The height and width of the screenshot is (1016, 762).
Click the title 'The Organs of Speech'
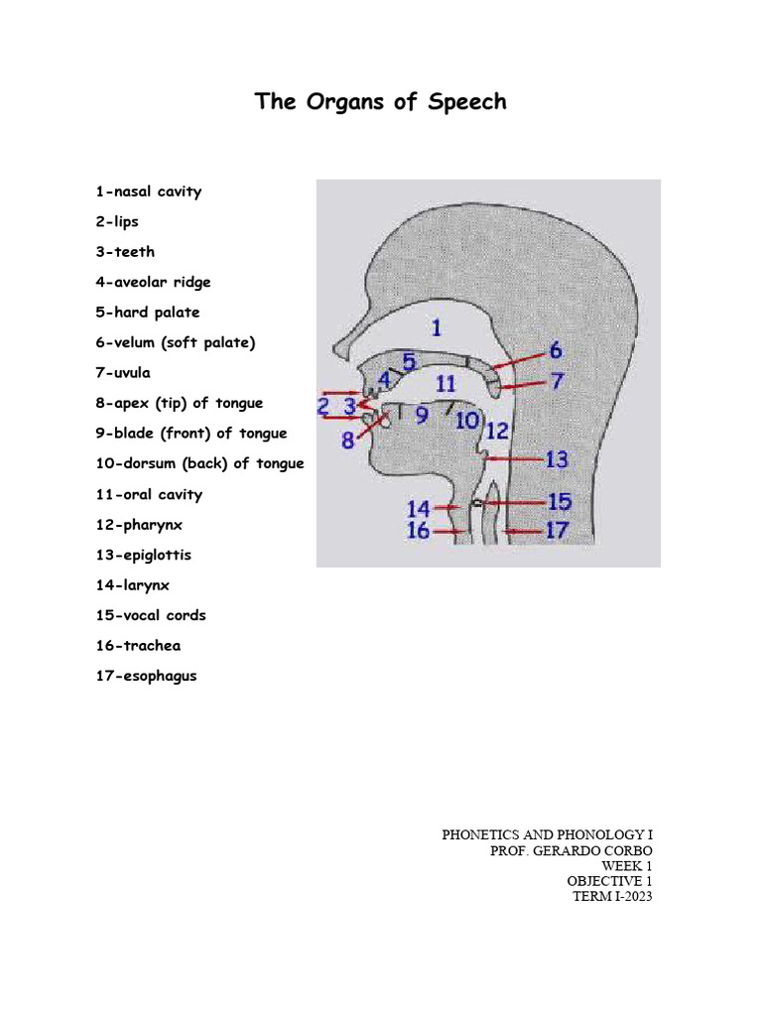[381, 101]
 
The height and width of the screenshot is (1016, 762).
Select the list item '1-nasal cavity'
[148, 191]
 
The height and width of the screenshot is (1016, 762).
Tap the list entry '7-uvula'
[123, 373]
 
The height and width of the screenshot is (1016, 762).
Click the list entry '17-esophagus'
[146, 676]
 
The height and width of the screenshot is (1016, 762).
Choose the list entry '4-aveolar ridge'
[153, 282]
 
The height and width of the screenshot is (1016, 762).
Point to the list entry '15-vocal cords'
[151, 615]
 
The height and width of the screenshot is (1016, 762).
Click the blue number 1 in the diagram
[437, 326]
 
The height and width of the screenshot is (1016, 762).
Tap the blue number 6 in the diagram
[555, 350]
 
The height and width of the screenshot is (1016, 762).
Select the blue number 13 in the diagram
[557, 459]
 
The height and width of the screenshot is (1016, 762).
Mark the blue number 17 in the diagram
[557, 531]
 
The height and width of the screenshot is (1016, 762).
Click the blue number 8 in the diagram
[348, 440]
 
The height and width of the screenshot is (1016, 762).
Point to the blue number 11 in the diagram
[445, 383]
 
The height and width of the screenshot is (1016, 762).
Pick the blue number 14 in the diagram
[418, 508]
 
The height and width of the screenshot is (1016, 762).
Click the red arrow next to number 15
[513, 503]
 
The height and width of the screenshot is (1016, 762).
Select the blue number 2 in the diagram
[323, 406]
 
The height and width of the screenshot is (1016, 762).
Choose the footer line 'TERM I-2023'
[612, 896]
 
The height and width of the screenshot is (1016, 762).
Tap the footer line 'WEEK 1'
[626, 865]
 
